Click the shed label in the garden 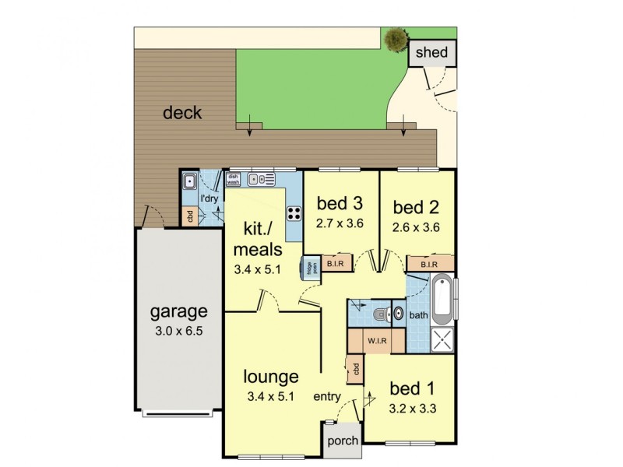(x=431, y=53)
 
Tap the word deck (x=182, y=113)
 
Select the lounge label (x=271, y=377)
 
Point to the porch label (x=343, y=441)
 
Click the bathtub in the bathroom (x=441, y=299)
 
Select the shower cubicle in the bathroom (x=441, y=339)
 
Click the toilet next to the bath (x=379, y=314)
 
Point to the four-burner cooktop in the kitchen (x=294, y=212)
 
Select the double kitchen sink (x=257, y=179)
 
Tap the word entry (x=326, y=397)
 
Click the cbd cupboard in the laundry (x=188, y=216)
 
